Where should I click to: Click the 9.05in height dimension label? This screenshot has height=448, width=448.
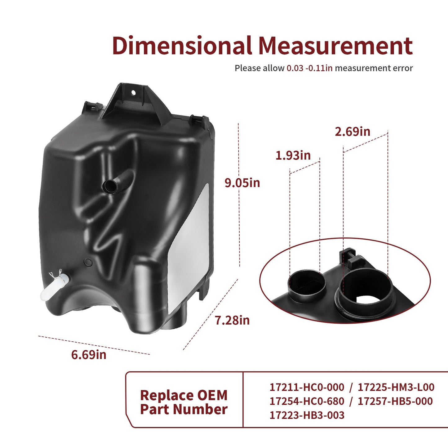(x=242, y=183)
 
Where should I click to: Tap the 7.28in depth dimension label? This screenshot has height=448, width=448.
(x=232, y=320)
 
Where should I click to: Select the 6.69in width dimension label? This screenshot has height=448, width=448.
(x=89, y=355)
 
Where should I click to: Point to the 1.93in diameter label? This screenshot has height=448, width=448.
(x=293, y=155)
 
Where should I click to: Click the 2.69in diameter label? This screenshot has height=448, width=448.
(x=353, y=131)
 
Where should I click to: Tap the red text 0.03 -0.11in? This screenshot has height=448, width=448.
(x=309, y=68)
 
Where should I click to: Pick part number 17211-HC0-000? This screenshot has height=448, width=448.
(x=307, y=387)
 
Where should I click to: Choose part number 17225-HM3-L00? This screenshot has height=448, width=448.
(x=396, y=387)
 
